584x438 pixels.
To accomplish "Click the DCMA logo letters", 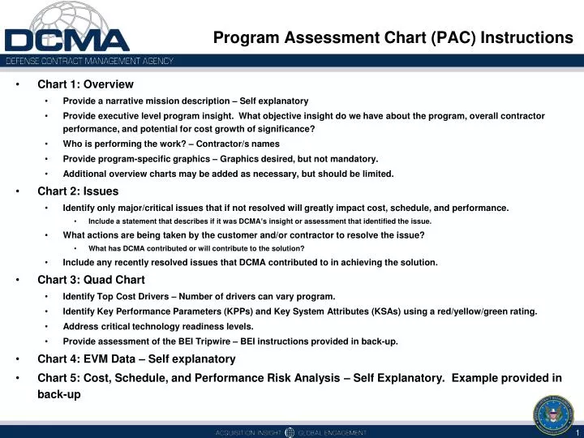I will pos(67,40).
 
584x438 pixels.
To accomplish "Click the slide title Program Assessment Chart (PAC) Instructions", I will pos(393,37).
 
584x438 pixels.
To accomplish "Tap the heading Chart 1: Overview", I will pos(85,84).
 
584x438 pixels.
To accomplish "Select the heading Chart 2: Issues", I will pos(78,191).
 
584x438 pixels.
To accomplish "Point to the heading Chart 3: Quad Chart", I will pos(91,280).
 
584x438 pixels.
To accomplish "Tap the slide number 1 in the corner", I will pos(576,432).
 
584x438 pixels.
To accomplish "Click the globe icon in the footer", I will pos(290,432).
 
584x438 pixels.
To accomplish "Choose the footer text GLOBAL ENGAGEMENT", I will pos(333,432).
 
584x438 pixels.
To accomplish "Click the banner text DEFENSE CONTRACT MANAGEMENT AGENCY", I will pos(90,62).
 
